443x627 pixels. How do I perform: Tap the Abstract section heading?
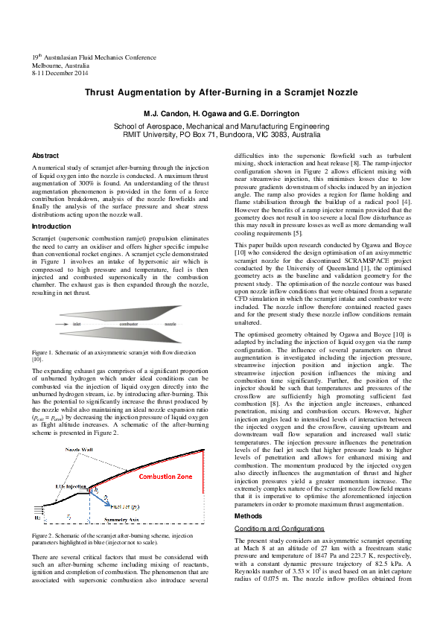tap(45, 155)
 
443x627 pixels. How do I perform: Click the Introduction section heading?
tap(51, 226)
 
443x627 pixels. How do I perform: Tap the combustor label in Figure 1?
tap(129, 325)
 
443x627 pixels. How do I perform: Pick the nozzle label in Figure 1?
tap(170, 325)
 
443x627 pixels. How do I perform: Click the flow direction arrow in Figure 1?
tap(66, 325)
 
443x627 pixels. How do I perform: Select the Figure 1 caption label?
tap(44, 351)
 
